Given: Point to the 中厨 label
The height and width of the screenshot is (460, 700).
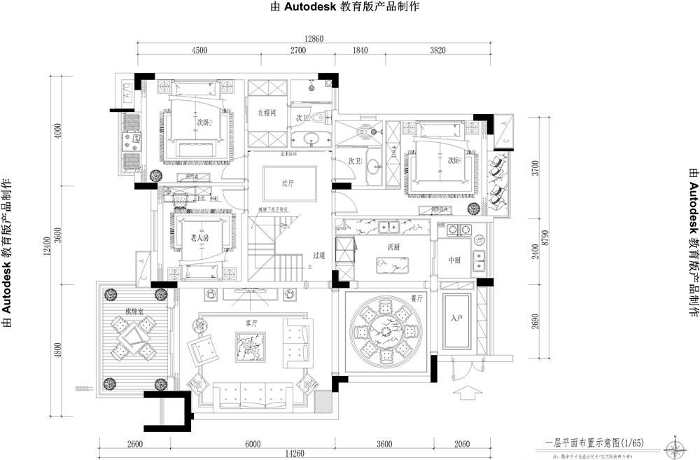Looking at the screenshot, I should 457,261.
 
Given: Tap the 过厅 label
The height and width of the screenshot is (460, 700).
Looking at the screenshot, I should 286,184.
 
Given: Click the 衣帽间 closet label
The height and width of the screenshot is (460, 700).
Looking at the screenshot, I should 267,112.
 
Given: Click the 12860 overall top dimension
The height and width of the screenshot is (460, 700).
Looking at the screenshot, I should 313,39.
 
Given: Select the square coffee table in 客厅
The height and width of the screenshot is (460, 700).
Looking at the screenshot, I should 251,347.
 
